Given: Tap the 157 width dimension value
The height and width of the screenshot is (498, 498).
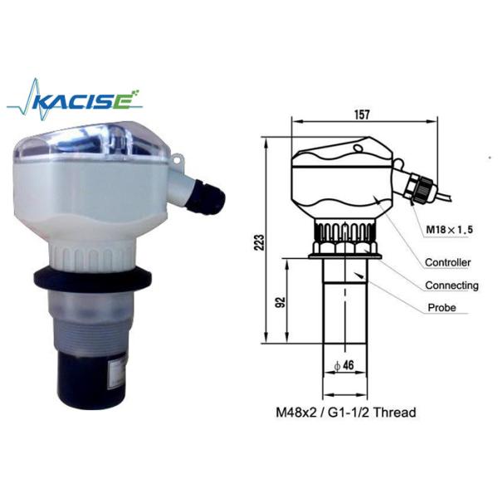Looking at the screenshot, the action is tap(362, 115).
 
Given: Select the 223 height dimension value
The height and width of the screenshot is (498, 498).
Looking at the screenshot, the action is tap(260, 242).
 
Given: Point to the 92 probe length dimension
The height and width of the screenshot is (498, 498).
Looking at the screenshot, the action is tap(281, 302).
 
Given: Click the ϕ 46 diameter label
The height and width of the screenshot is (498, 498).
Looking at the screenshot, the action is tap(344, 365).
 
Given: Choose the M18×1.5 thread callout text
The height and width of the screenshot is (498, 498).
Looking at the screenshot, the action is tap(449, 229).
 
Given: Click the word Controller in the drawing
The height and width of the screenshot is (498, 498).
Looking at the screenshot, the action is tap(448, 262).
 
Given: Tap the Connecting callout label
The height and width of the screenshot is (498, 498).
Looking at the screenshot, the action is tap(452, 286).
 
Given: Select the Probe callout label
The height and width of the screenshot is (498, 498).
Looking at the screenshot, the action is tap(442, 307).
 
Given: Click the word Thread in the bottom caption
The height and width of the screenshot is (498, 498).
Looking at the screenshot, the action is tap(394, 413).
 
